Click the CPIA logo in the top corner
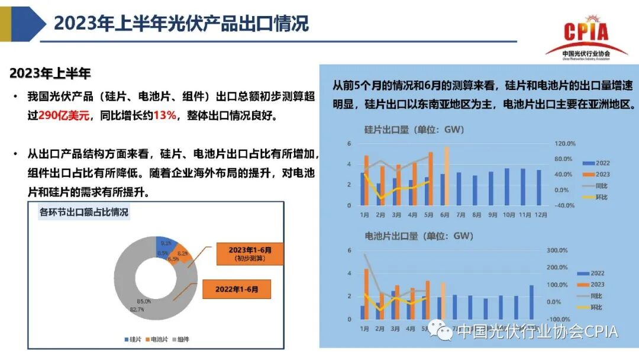586,37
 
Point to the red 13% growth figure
165,115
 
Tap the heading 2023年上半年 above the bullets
50,74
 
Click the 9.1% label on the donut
166,243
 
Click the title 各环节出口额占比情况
84,212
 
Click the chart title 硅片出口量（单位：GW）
414,130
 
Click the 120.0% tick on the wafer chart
564,143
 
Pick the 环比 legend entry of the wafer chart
599,197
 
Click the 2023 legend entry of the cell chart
597,285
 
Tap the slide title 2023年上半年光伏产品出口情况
182,24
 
